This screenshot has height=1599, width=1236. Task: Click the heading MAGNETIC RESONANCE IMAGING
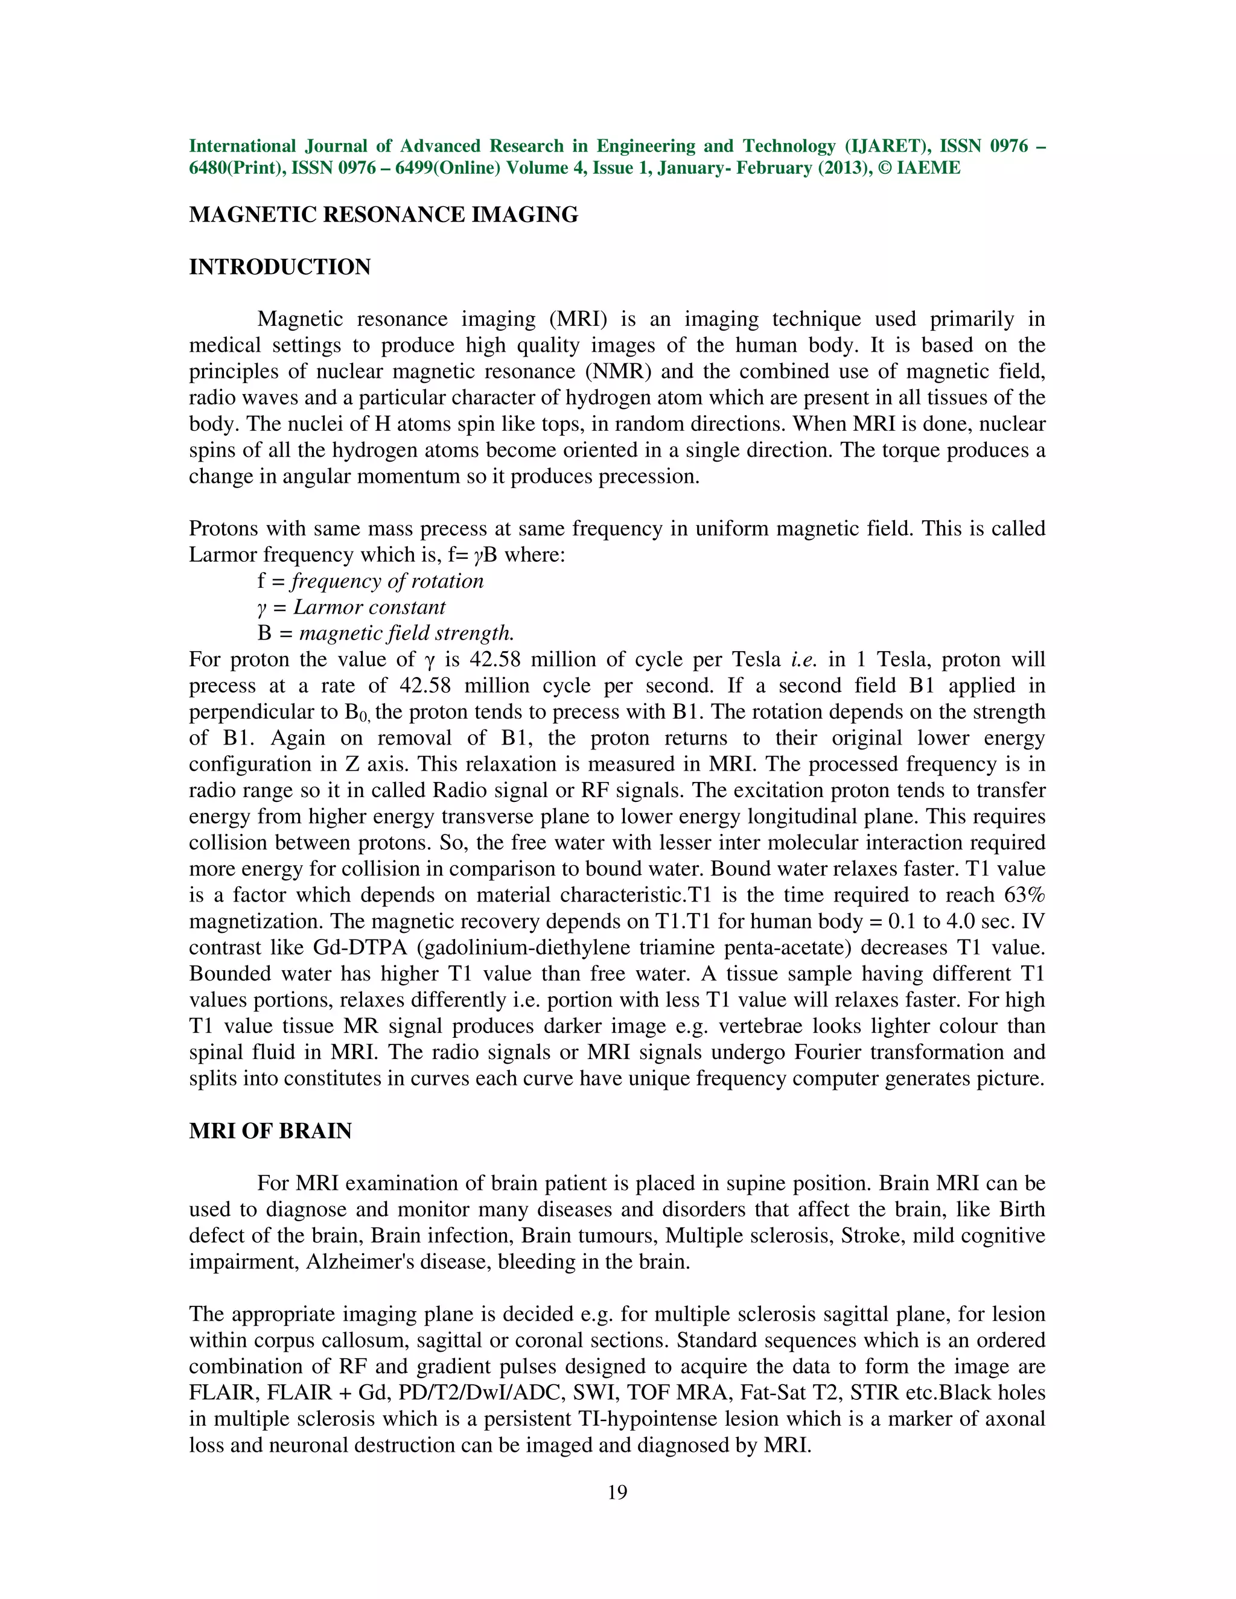click(x=383, y=215)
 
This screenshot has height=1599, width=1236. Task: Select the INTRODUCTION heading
click(x=279, y=267)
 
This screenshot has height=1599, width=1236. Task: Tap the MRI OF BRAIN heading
click(x=270, y=1131)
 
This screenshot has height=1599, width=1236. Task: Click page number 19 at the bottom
click(x=617, y=1493)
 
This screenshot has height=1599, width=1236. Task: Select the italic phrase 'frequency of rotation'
click(x=387, y=581)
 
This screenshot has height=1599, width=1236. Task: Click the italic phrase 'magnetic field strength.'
click(x=406, y=634)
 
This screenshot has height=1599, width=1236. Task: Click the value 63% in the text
click(x=1024, y=895)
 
